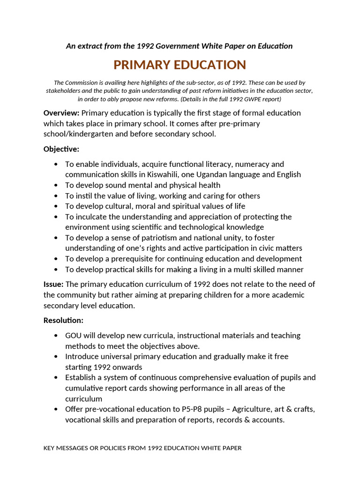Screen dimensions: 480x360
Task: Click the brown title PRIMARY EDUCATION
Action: pyautogui.click(x=180, y=65)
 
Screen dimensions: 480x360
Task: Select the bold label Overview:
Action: pyautogui.click(x=61, y=113)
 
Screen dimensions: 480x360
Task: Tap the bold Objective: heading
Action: pyautogui.click(x=61, y=149)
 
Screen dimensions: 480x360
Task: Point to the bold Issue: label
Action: pyautogui.click(x=53, y=284)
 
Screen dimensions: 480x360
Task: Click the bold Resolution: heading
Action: pyautogui.click(x=63, y=321)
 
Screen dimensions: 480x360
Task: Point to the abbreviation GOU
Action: pyautogui.click(x=74, y=336)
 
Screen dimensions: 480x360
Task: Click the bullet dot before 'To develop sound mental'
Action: pyautogui.click(x=56, y=185)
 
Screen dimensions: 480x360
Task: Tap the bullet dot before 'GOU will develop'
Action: pyautogui.click(x=56, y=336)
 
